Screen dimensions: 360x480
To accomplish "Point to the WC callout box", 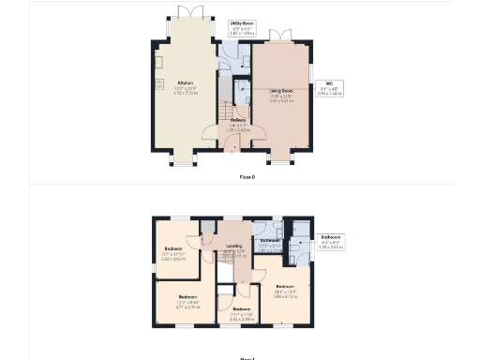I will (x=331, y=87).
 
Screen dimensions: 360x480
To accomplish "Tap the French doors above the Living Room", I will (x=280, y=36).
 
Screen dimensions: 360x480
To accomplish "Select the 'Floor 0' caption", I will (x=247, y=175).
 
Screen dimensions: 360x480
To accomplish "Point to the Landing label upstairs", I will (x=234, y=249).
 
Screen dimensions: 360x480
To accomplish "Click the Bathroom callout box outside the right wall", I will (x=331, y=242).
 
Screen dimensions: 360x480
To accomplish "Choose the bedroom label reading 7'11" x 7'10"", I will (x=242, y=313).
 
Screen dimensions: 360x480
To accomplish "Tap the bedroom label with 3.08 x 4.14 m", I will (x=285, y=291).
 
